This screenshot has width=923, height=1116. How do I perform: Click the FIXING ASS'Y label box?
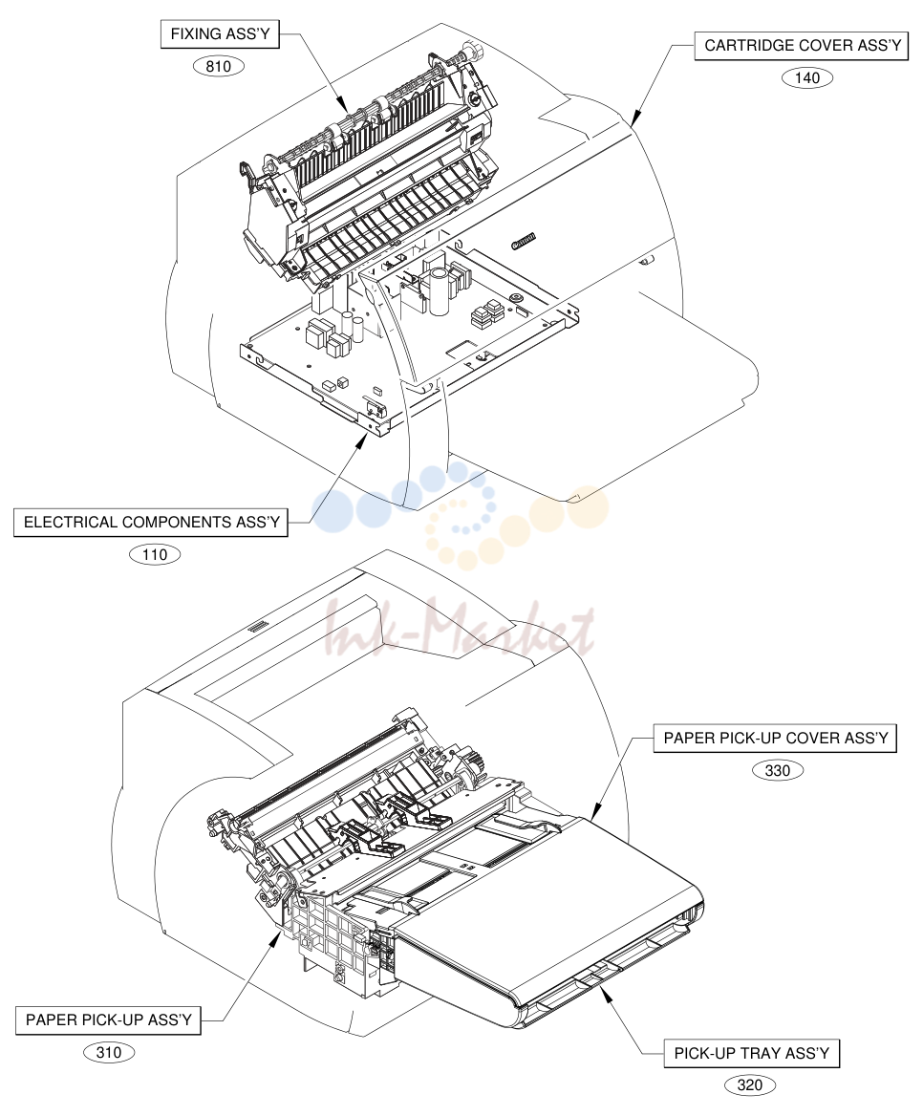point(220,34)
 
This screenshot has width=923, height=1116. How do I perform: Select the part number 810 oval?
point(219,66)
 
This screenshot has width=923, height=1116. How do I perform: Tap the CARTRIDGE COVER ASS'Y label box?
point(802,46)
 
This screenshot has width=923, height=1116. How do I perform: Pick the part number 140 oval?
point(807,77)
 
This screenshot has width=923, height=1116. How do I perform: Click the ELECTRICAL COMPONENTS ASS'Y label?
point(151,522)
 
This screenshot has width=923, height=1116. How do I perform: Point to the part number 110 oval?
point(155,554)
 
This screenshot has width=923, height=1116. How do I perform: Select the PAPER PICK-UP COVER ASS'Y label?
point(776,738)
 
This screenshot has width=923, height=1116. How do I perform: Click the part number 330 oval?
point(777,770)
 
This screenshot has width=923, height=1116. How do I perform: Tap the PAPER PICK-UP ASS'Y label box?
point(108,1019)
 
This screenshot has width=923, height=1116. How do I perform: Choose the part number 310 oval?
point(109,1052)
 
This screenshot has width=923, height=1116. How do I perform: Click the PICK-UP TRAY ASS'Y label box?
point(752,1053)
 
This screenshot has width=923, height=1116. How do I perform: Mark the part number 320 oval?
point(750,1085)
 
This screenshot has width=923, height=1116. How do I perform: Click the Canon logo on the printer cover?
point(524,242)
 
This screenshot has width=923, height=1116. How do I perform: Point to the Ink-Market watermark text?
point(460,632)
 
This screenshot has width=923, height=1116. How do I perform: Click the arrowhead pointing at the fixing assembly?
point(342,105)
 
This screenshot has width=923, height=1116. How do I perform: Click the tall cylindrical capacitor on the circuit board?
point(439,291)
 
